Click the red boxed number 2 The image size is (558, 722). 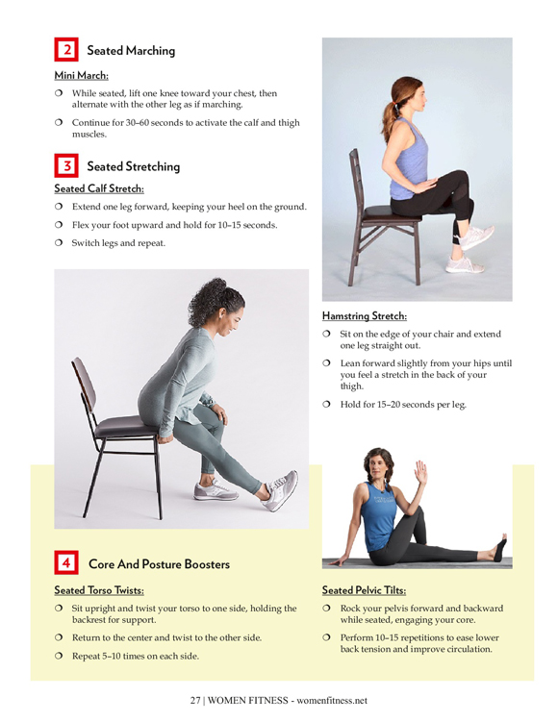[66, 49]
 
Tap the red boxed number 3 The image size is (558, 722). [66, 165]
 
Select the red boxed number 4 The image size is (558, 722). [66, 562]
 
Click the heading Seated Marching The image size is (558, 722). [131, 51]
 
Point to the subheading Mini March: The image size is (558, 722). [82, 75]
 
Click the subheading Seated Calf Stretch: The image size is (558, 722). [99, 188]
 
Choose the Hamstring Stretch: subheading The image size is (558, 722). [365, 316]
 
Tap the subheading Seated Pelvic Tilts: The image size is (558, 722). [364, 590]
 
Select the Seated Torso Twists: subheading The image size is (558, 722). [99, 590]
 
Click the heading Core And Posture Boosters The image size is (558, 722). [159, 564]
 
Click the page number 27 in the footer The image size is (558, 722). [195, 700]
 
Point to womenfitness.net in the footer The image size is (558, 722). [332, 700]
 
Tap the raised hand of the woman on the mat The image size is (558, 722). [420, 473]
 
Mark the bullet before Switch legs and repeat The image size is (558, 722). [59, 242]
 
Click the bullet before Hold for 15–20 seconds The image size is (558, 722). [327, 405]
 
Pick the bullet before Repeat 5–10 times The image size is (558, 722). [59, 656]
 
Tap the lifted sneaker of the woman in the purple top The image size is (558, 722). [477, 237]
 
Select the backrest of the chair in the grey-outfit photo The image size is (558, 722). [84, 383]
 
